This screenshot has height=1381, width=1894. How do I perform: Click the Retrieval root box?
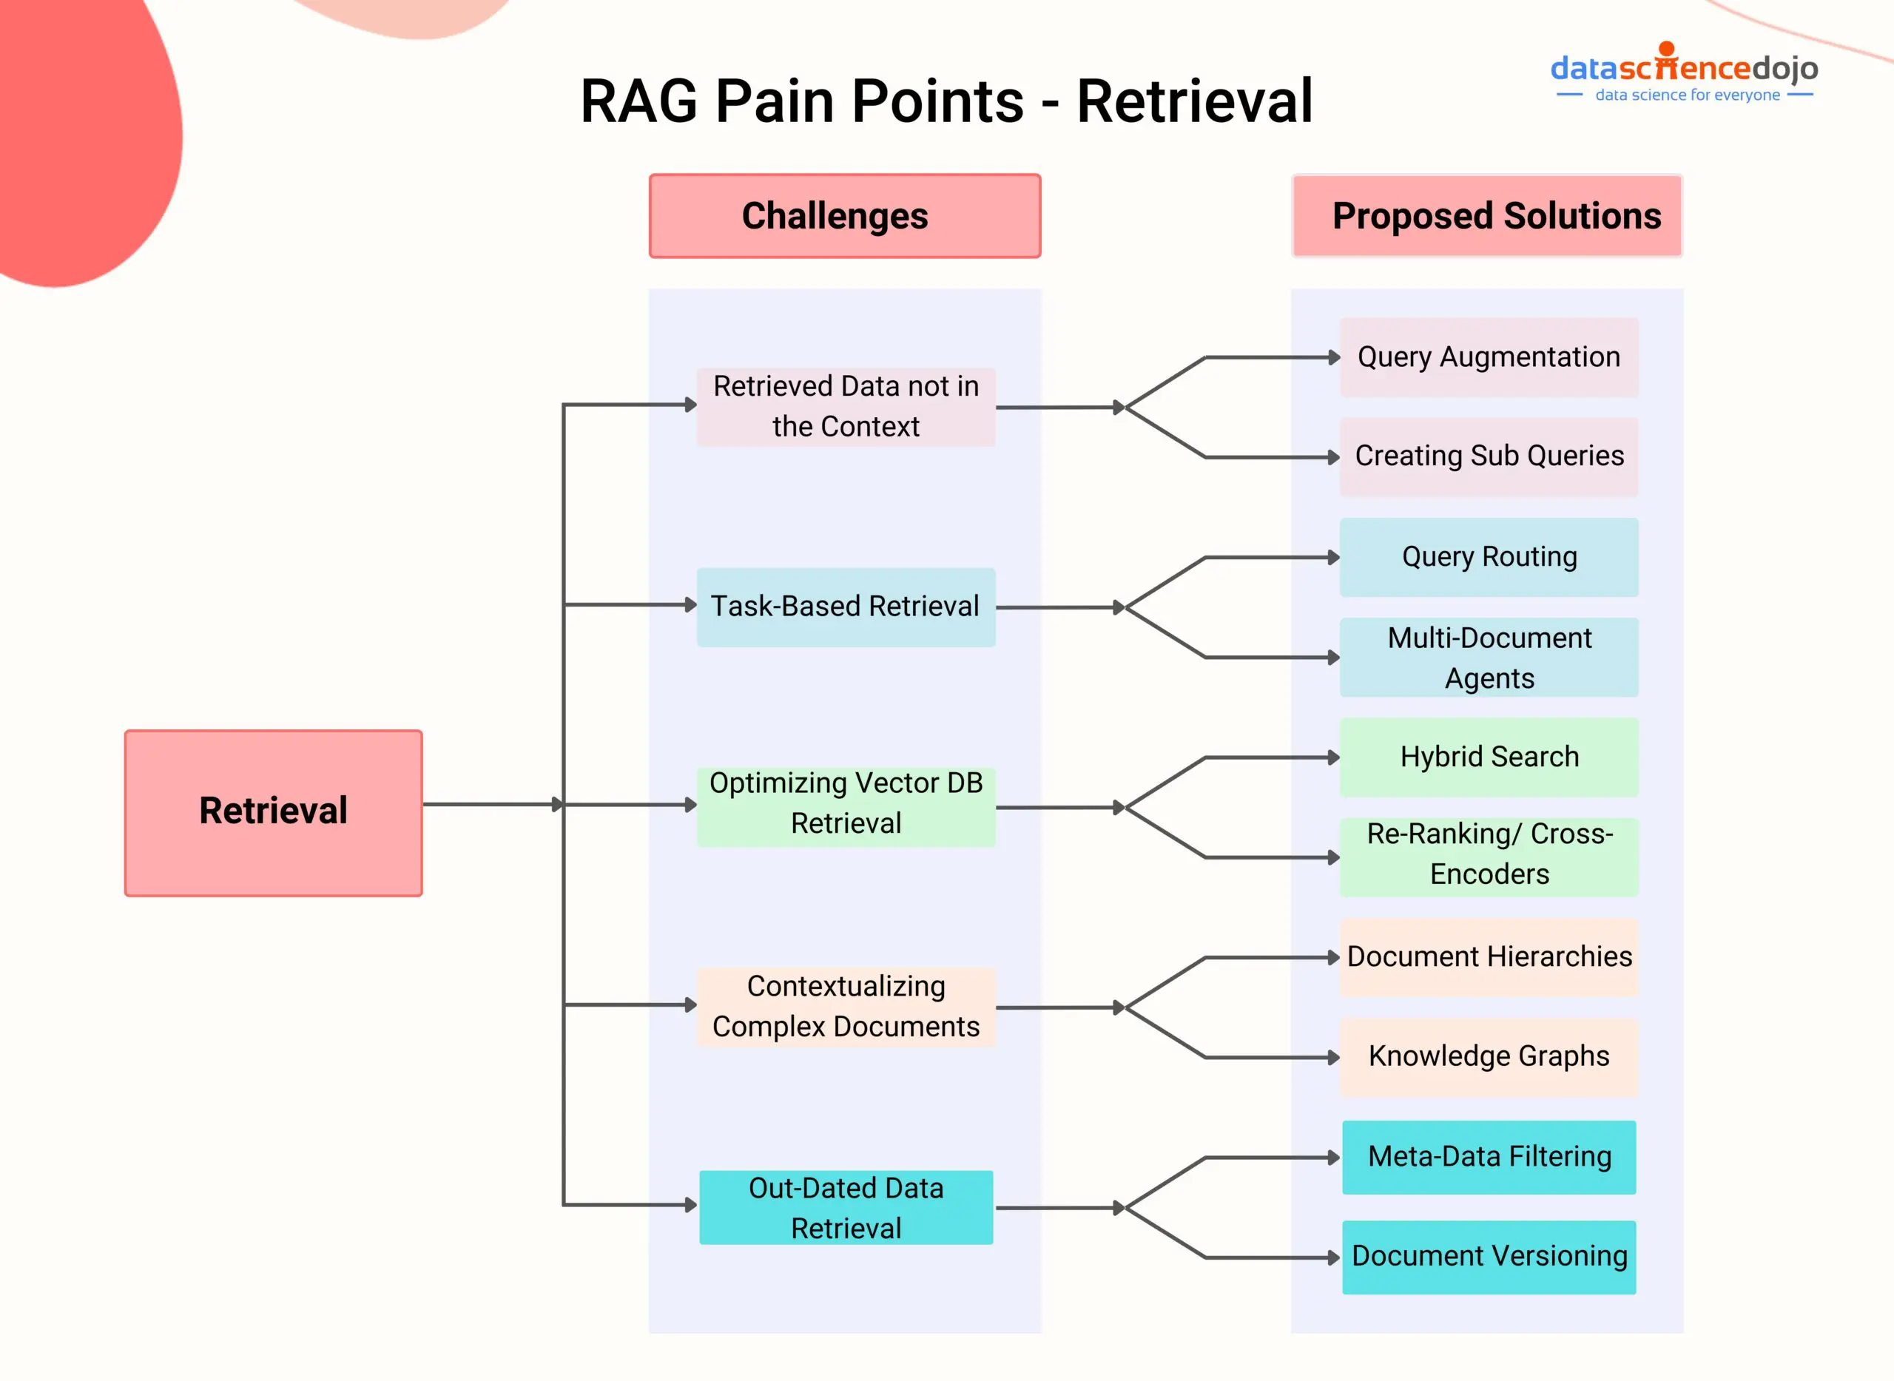tap(274, 813)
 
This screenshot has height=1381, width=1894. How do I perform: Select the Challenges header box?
tap(845, 216)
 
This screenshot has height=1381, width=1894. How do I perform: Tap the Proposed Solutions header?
tap(1487, 216)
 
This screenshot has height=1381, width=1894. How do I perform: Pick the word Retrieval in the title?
tap(1194, 101)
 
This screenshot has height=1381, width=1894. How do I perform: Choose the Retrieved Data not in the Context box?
tap(846, 407)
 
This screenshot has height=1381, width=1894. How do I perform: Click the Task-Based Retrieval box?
tap(846, 607)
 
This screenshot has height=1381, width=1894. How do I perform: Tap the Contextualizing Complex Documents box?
tap(846, 1007)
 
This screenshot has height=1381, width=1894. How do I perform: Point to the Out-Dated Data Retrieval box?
tap(846, 1207)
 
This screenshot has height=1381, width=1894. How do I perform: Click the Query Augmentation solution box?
tap(1489, 357)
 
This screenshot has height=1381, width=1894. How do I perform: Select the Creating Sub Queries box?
tap(1489, 456)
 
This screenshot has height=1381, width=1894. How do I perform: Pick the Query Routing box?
tap(1489, 557)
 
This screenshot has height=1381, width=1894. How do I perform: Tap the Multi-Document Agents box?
tap(1489, 657)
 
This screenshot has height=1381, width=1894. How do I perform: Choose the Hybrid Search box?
tap(1489, 757)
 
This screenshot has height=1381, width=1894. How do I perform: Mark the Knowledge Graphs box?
tap(1489, 1057)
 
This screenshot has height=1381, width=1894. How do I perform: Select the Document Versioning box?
tap(1489, 1257)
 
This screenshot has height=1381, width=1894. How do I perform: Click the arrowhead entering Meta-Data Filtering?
tap(1334, 1158)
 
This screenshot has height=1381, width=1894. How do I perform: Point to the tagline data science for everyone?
tap(1687, 95)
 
